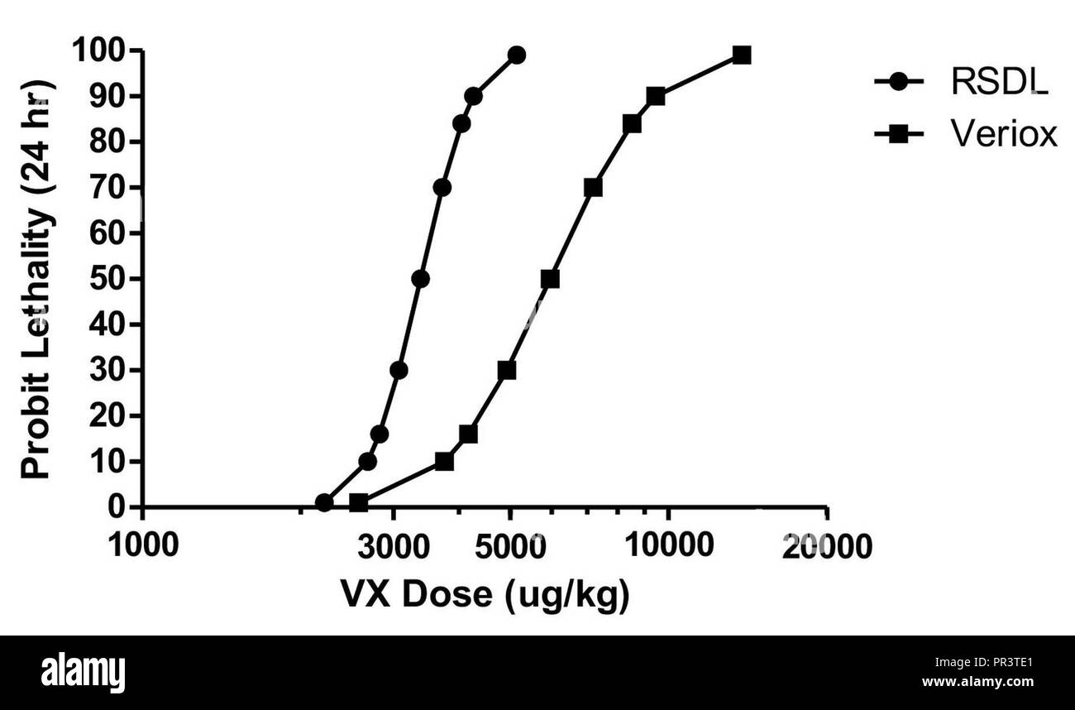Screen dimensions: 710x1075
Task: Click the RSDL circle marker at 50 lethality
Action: pyautogui.click(x=420, y=279)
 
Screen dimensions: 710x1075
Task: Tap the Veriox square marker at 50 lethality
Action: pyautogui.click(x=550, y=279)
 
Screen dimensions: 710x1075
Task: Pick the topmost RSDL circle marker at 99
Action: pyautogui.click(x=517, y=55)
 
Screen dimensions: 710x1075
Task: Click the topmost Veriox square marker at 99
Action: pyautogui.click(x=742, y=55)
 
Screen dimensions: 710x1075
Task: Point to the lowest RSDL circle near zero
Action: pyautogui.click(x=324, y=502)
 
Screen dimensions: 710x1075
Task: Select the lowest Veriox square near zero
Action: pyautogui.click(x=358, y=502)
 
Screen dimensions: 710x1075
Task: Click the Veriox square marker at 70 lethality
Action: pyautogui.click(x=593, y=188)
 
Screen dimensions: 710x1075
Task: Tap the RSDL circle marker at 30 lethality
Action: pyautogui.click(x=399, y=370)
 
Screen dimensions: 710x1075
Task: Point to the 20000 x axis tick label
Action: pyautogui.click(x=827, y=546)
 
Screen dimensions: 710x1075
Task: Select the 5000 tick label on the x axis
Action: pyautogui.click(x=510, y=546)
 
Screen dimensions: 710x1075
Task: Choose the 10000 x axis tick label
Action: pyautogui.click(x=668, y=546)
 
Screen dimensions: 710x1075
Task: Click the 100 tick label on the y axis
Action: pyautogui.click(x=98, y=51)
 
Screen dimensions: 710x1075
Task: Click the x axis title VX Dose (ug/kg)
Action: pyautogui.click(x=485, y=594)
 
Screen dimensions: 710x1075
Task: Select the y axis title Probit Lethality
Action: pyautogui.click(x=36, y=279)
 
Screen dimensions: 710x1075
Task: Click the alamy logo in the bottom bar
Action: pyautogui.click(x=83, y=672)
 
